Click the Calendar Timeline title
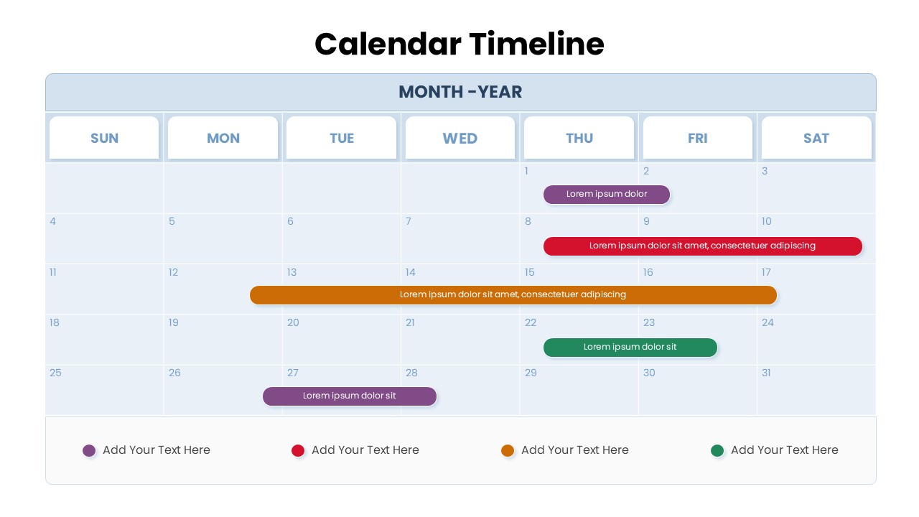[459, 44]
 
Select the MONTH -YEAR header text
[460, 92]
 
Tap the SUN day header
[104, 138]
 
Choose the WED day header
[460, 138]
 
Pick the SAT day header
[816, 138]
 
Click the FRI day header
[698, 138]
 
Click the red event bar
[702, 246]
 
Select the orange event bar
[513, 294]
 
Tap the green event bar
[630, 347]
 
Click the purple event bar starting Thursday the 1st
[606, 194]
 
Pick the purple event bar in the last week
[349, 396]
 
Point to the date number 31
[766, 373]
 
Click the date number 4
[52, 221]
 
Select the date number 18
[55, 322]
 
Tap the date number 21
[410, 322]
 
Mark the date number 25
[55, 373]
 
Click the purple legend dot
[89, 450]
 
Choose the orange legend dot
[508, 450]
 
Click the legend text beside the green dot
[784, 450]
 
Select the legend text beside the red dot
[365, 450]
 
